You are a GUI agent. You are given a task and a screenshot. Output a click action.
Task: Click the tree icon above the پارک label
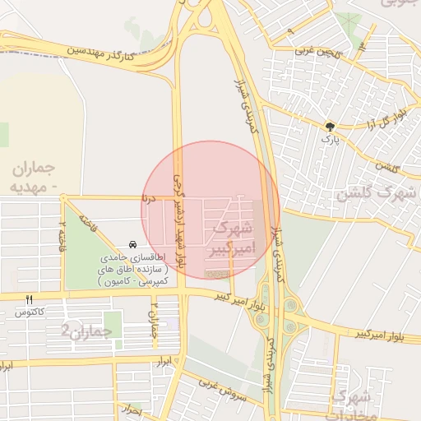(x=330, y=127)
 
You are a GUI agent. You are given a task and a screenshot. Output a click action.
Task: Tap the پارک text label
(x=330, y=140)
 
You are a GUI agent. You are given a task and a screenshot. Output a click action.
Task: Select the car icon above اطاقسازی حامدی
(x=132, y=246)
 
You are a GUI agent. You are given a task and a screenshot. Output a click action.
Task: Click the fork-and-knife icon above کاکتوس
(x=30, y=300)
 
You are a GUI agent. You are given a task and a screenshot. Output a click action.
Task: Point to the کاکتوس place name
(x=29, y=312)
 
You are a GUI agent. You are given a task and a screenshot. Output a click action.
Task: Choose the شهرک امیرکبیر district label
(x=235, y=236)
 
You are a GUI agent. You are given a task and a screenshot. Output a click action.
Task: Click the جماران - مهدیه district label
(x=38, y=178)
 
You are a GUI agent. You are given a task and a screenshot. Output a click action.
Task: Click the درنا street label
(x=148, y=198)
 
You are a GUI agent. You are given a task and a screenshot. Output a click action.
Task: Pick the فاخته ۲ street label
(x=62, y=236)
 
